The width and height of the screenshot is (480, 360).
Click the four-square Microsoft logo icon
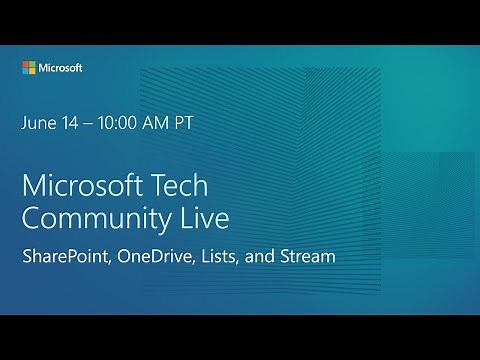click(29, 68)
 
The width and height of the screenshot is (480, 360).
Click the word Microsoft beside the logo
click(60, 68)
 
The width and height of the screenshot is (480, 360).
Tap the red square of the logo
click(26, 65)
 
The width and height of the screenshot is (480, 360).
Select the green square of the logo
click(32, 65)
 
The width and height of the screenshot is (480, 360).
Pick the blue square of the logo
click(26, 71)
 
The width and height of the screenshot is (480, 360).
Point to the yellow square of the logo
click(32, 71)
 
